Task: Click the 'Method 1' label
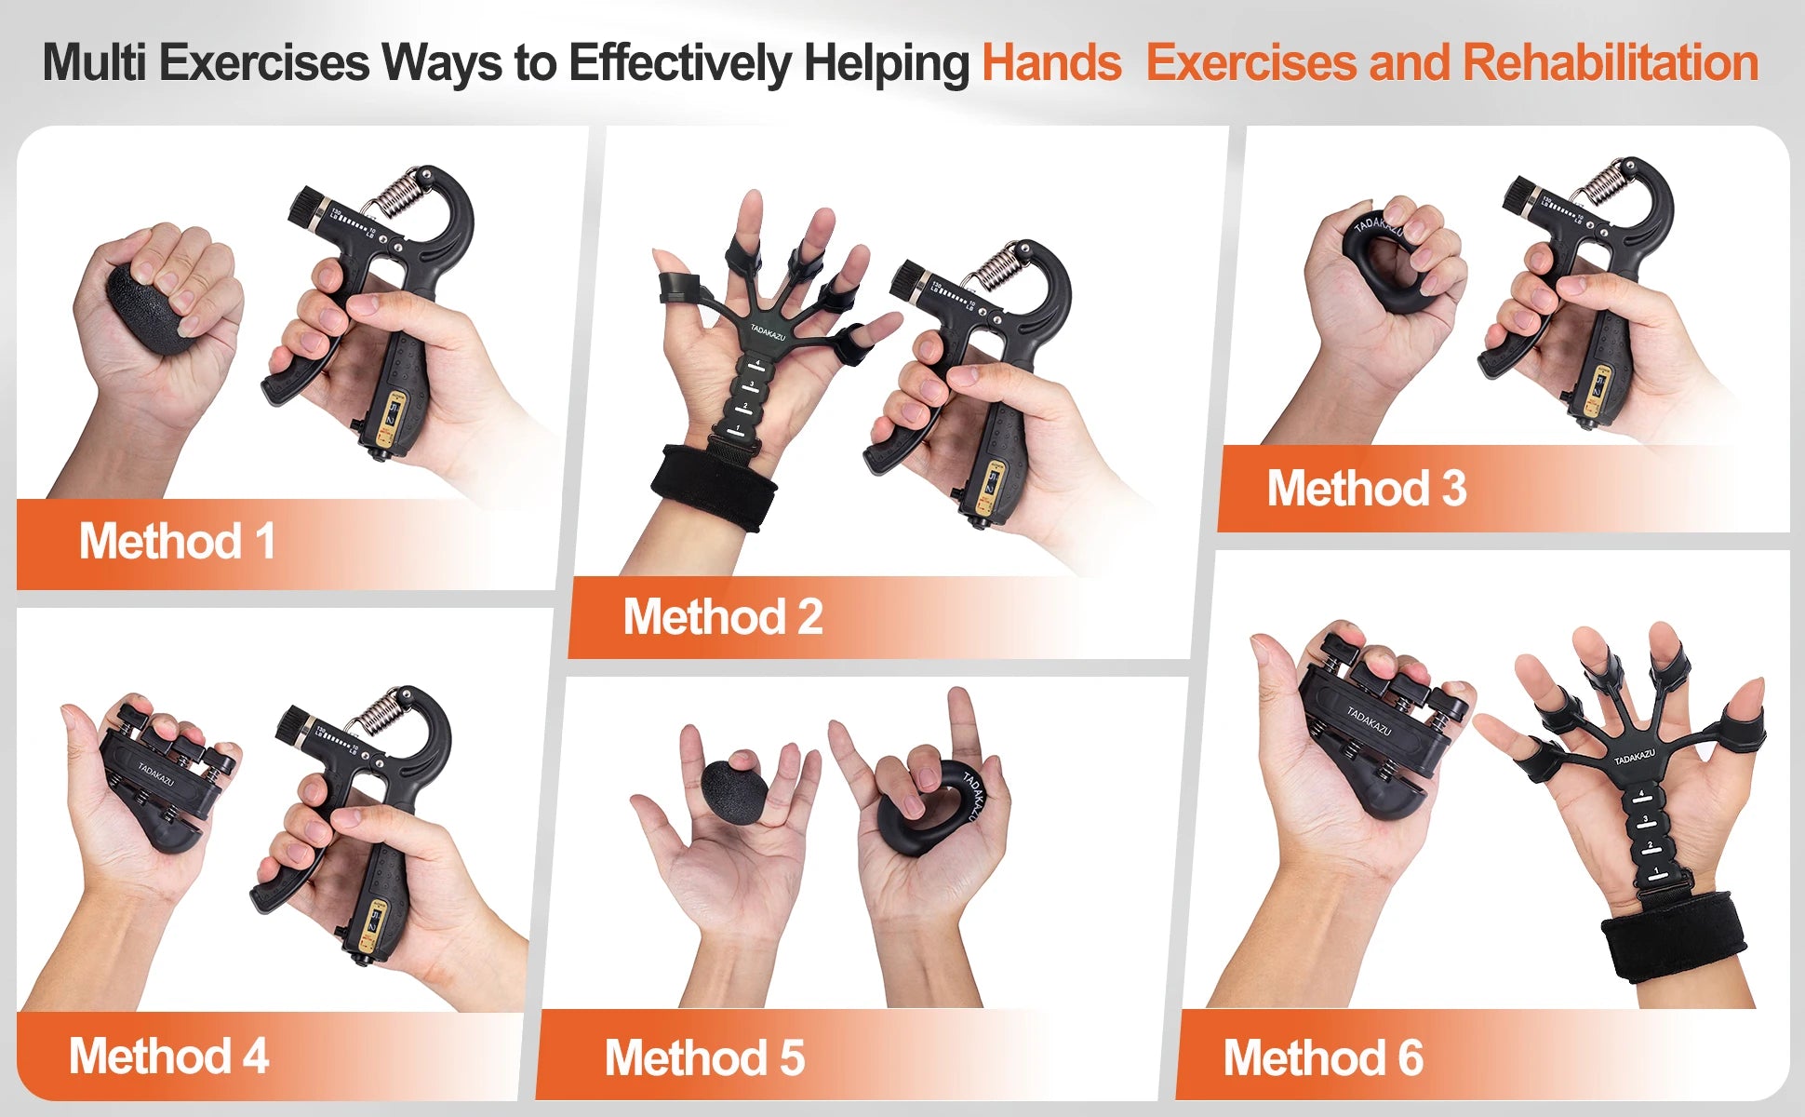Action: click(x=177, y=542)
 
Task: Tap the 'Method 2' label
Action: click(x=723, y=617)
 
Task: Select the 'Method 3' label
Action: click(x=1366, y=489)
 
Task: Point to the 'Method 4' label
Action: click(x=168, y=1056)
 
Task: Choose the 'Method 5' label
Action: click(x=704, y=1058)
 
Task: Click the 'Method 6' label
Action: click(x=1322, y=1058)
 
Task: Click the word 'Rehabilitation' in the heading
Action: click(x=1610, y=63)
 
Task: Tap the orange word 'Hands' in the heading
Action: click(x=1051, y=63)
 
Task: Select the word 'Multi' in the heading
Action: click(x=94, y=63)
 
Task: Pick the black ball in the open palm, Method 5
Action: click(x=734, y=791)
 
